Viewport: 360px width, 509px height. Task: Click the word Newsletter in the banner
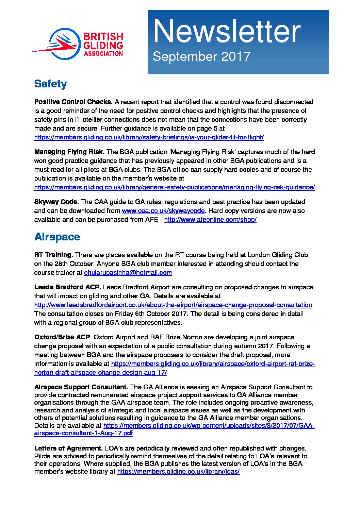click(227, 31)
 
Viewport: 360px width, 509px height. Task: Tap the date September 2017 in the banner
click(201, 56)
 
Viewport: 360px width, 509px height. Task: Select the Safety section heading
click(50, 84)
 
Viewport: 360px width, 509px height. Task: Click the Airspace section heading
click(57, 237)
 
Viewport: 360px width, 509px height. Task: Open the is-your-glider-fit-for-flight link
click(149, 137)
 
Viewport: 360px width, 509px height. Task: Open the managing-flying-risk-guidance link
click(174, 187)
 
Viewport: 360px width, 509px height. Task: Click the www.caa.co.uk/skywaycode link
click(163, 211)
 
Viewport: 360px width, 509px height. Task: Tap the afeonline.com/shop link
click(210, 220)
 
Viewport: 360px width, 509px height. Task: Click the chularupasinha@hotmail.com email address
click(128, 273)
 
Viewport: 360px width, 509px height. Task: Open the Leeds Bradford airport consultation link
click(173, 305)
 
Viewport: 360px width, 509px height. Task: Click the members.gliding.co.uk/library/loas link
click(178, 472)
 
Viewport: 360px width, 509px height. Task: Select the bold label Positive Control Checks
click(73, 102)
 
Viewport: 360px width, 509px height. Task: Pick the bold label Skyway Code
click(56, 202)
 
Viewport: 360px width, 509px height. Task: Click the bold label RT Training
click(53, 255)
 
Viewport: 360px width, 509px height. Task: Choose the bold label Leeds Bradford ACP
click(67, 287)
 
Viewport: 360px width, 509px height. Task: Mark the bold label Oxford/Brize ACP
click(62, 337)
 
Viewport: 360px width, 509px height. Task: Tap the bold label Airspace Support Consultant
click(81, 387)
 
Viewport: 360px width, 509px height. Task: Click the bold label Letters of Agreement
click(68, 448)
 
